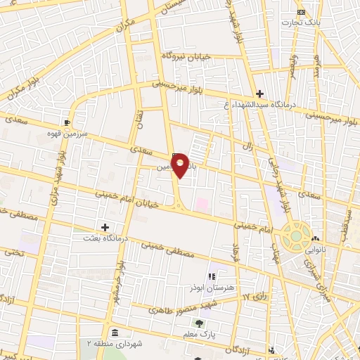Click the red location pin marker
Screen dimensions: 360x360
point(181,165)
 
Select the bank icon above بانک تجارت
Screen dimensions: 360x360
point(302,12)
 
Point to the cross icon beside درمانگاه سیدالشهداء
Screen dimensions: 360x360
point(260,94)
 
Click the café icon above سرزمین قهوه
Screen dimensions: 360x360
point(67,120)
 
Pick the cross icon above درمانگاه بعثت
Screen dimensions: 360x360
point(105,227)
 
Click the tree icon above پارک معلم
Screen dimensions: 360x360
point(200,324)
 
